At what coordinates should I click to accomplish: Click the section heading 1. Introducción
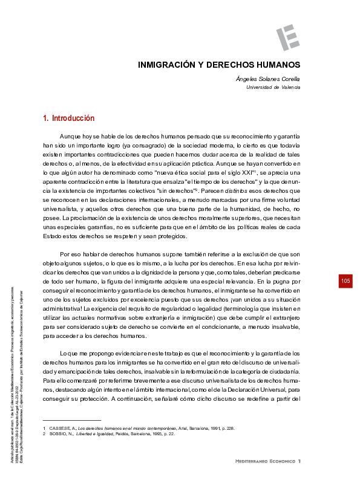tap(69, 118)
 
